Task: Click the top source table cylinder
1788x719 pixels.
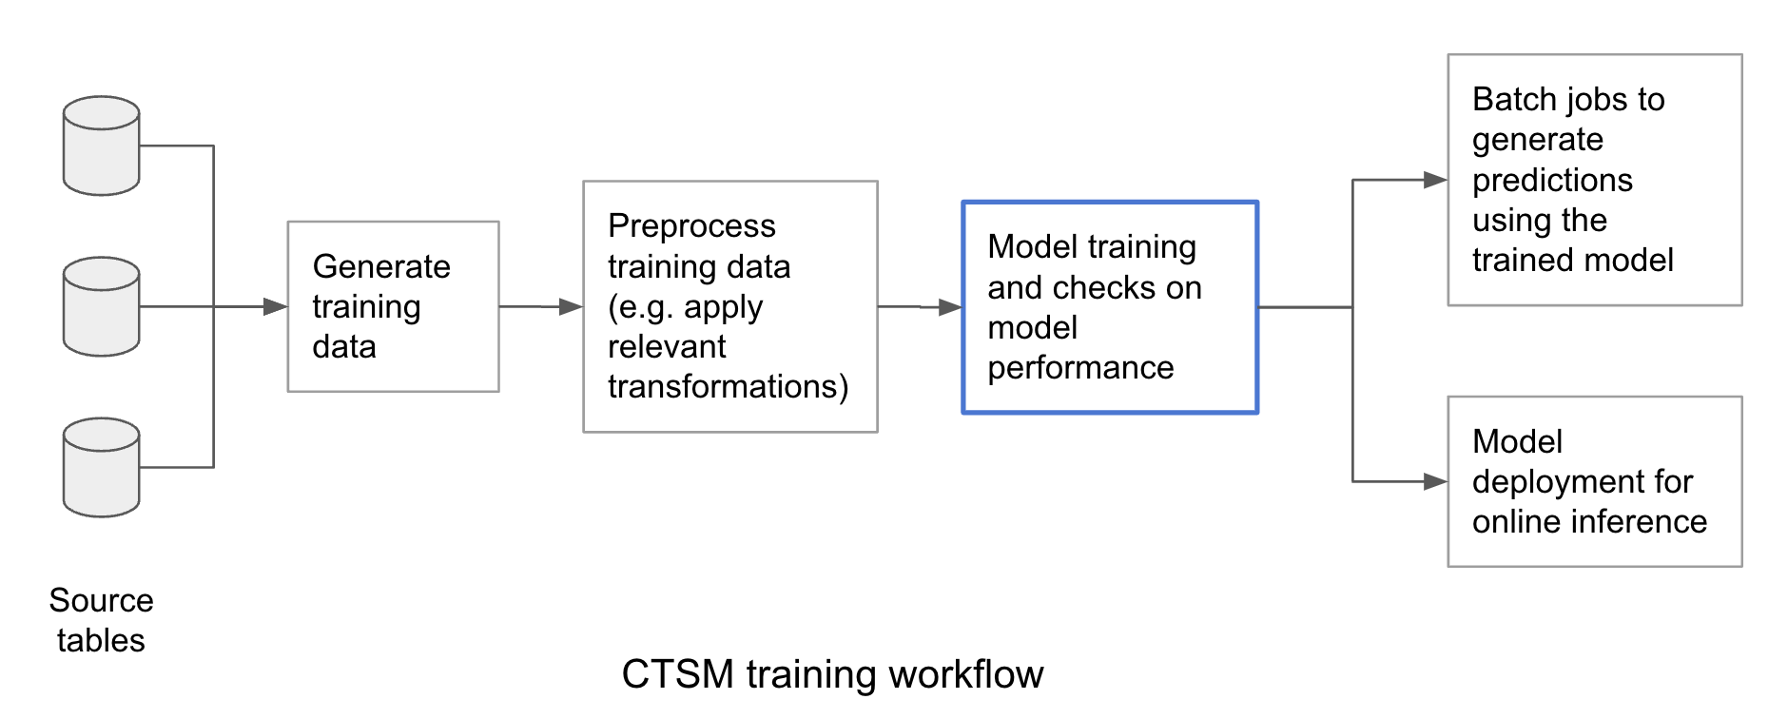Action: [102, 146]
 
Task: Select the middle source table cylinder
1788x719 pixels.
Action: [102, 306]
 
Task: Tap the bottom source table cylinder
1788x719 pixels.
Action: [102, 467]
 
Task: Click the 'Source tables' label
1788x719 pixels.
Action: [101, 620]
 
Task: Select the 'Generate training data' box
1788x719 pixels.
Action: [394, 306]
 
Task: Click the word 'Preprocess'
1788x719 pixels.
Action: [691, 226]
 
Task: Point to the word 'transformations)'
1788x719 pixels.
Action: [729, 386]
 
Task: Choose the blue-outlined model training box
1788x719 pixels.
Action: [1110, 307]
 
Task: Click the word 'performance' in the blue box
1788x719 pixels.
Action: [1080, 367]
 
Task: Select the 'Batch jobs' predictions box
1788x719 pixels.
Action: [1595, 180]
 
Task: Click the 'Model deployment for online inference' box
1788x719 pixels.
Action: [1595, 481]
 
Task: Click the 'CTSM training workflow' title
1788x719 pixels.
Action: [832, 674]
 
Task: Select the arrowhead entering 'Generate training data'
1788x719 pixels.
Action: [275, 306]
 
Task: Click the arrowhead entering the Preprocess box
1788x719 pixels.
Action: [571, 306]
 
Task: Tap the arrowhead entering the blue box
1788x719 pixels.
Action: [949, 307]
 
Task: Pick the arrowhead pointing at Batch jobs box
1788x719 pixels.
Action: [1435, 180]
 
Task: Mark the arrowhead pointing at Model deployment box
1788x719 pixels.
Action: [1435, 481]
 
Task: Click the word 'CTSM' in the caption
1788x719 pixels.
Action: [678, 674]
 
